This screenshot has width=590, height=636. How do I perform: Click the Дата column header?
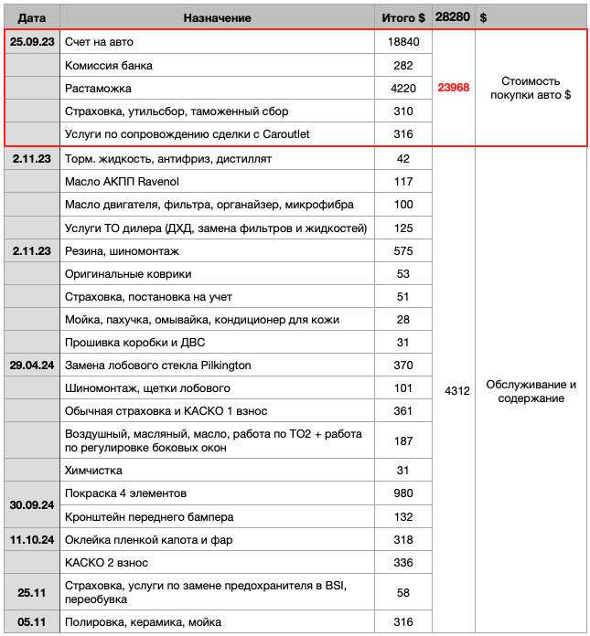(x=31, y=17)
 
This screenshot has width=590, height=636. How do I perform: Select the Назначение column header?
(x=217, y=17)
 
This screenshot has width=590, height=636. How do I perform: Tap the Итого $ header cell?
(x=403, y=17)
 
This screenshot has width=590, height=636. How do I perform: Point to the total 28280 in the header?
(x=453, y=17)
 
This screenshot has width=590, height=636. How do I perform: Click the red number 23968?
(x=453, y=88)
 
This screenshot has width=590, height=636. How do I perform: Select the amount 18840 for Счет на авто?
(x=402, y=43)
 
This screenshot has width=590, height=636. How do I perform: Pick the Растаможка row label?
(x=99, y=89)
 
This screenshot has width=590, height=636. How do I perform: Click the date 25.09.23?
(x=31, y=43)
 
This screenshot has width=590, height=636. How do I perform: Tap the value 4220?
(x=402, y=89)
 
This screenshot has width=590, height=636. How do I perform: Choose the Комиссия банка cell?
(x=109, y=66)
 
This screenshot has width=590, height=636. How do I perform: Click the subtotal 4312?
(x=456, y=391)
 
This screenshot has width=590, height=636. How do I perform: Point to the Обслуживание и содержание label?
(x=531, y=391)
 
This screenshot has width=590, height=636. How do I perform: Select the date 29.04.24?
(x=31, y=366)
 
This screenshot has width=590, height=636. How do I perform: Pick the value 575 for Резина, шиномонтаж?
(x=402, y=250)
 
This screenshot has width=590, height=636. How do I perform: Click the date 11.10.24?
(x=31, y=539)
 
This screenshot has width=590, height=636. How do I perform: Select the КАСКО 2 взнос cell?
(x=106, y=562)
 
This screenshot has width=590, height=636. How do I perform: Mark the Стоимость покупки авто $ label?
(x=531, y=88)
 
